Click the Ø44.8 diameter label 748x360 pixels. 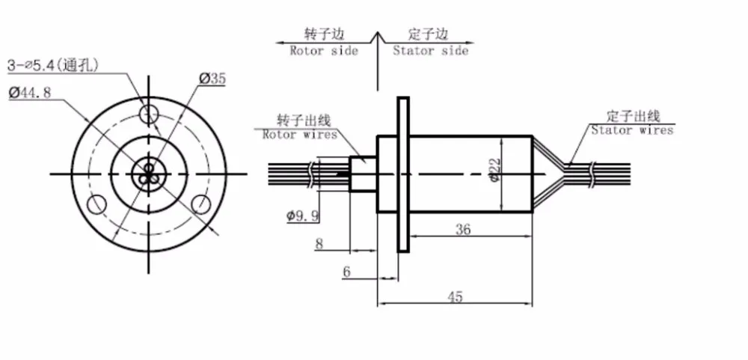(30, 93)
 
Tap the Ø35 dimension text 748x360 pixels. (212, 79)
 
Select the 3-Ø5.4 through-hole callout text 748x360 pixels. (53, 65)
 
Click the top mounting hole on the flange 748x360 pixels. (149, 113)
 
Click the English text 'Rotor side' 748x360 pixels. (324, 51)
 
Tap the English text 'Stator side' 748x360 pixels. (430, 51)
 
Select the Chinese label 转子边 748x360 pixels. (325, 34)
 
